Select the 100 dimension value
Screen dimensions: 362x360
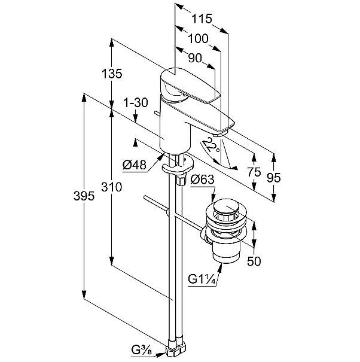click(197, 39)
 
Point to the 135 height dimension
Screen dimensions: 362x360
click(112, 74)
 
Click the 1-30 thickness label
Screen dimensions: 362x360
click(136, 102)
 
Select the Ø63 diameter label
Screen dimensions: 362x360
click(203, 178)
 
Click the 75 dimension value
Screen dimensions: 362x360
click(254, 171)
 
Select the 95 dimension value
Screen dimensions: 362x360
click(273, 178)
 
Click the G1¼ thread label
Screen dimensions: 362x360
click(200, 279)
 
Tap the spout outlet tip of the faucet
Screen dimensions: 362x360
click(222, 131)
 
